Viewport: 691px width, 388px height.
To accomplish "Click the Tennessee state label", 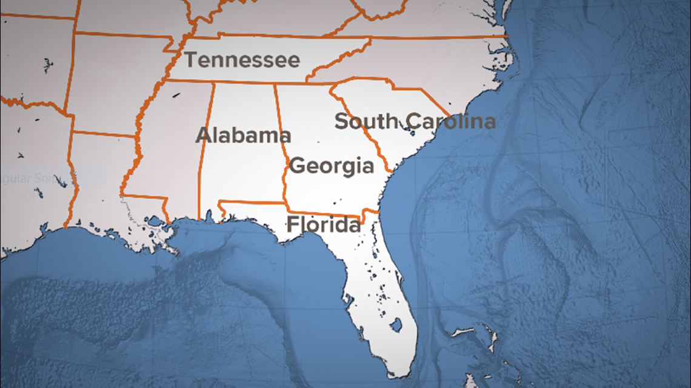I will [242, 61].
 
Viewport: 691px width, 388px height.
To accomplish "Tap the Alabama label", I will [242, 136].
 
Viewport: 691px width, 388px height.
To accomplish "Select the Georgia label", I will [331, 166].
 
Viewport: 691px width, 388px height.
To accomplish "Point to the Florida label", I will [323, 225].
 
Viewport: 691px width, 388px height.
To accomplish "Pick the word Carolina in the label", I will [451, 121].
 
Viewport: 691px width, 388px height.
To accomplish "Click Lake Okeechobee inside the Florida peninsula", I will [396, 326].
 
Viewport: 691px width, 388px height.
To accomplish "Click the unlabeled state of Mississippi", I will [170, 145].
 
